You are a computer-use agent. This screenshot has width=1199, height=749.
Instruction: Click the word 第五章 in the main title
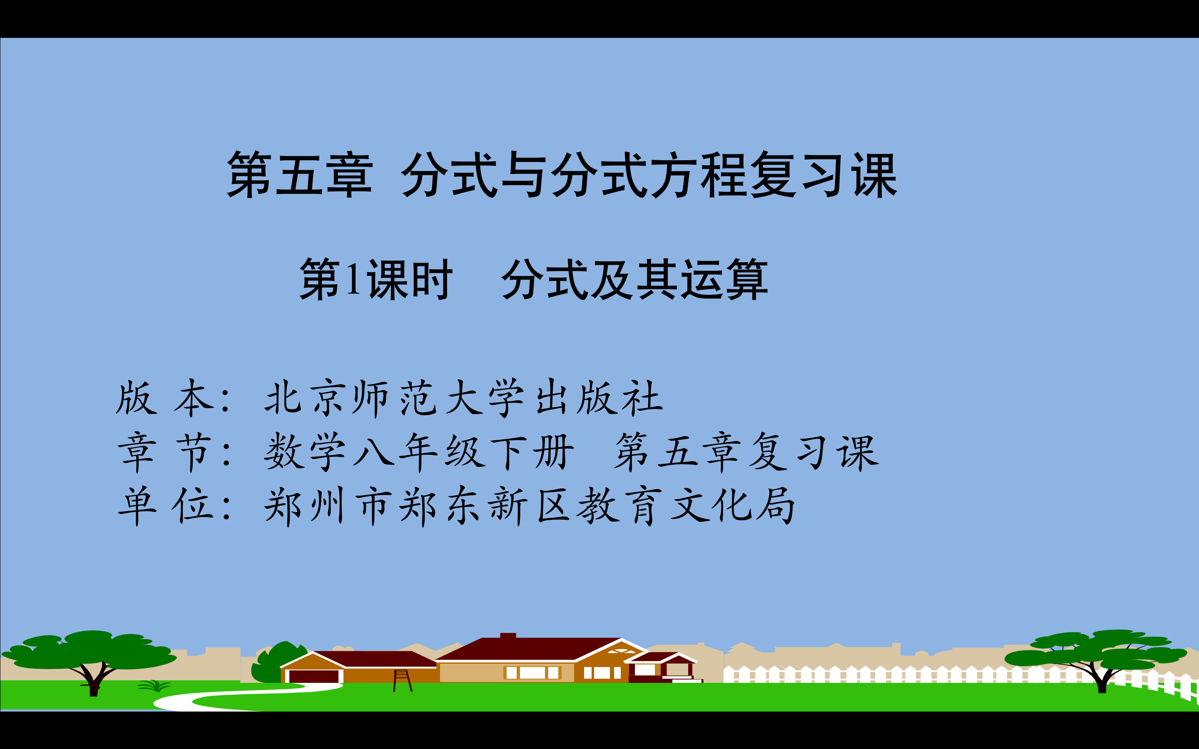click(300, 175)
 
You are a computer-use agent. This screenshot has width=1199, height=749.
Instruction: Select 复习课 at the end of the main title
click(823, 175)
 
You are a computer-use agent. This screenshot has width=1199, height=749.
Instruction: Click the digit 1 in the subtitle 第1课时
click(353, 279)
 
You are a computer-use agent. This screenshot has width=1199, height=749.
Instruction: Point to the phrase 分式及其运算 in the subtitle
click(634, 279)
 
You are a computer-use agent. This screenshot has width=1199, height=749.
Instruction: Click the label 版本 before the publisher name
click(161, 397)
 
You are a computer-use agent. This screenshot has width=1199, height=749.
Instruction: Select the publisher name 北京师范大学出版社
click(463, 397)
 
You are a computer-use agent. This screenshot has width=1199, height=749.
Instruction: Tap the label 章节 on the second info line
click(164, 451)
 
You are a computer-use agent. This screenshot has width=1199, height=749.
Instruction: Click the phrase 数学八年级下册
click(419, 451)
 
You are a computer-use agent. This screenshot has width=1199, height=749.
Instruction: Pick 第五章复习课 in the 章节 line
click(746, 451)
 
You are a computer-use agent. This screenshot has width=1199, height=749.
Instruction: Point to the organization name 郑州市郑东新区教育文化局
click(529, 505)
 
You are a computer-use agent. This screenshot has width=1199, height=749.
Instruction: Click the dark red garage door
click(313, 676)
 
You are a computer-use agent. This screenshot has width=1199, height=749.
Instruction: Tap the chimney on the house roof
click(508, 635)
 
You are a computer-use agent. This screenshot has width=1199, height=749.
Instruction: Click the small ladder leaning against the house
click(402, 681)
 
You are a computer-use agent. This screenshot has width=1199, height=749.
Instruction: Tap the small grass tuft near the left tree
click(154, 686)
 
